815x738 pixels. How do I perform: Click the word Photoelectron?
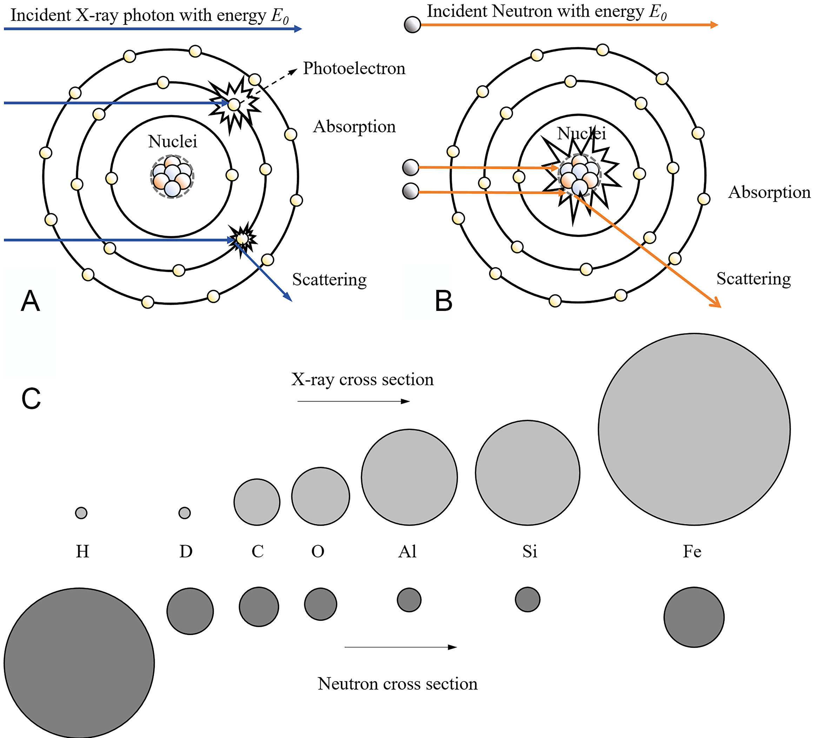tap(354, 68)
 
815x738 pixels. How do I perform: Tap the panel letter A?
tap(30, 301)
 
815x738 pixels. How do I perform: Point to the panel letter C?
tap(31, 399)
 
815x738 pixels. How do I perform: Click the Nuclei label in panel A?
tap(173, 141)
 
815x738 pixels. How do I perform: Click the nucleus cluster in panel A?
tap(172, 177)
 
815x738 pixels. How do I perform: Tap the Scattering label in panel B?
tap(754, 279)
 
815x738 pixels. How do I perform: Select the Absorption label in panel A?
tap(354, 126)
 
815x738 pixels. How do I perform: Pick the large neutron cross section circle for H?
tap(79, 663)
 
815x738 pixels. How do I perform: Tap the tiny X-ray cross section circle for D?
tap(184, 513)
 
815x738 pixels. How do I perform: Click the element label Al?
tap(407, 551)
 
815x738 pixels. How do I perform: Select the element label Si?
tap(530, 551)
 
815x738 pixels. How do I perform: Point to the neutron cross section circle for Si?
tap(528, 599)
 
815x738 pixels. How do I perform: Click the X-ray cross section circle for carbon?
tap(257, 502)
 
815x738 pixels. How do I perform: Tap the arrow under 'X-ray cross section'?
tap(354, 401)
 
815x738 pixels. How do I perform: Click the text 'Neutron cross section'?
tap(397, 684)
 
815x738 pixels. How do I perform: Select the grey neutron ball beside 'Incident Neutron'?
tap(412, 25)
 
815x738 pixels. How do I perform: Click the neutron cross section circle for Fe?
tap(694, 617)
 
